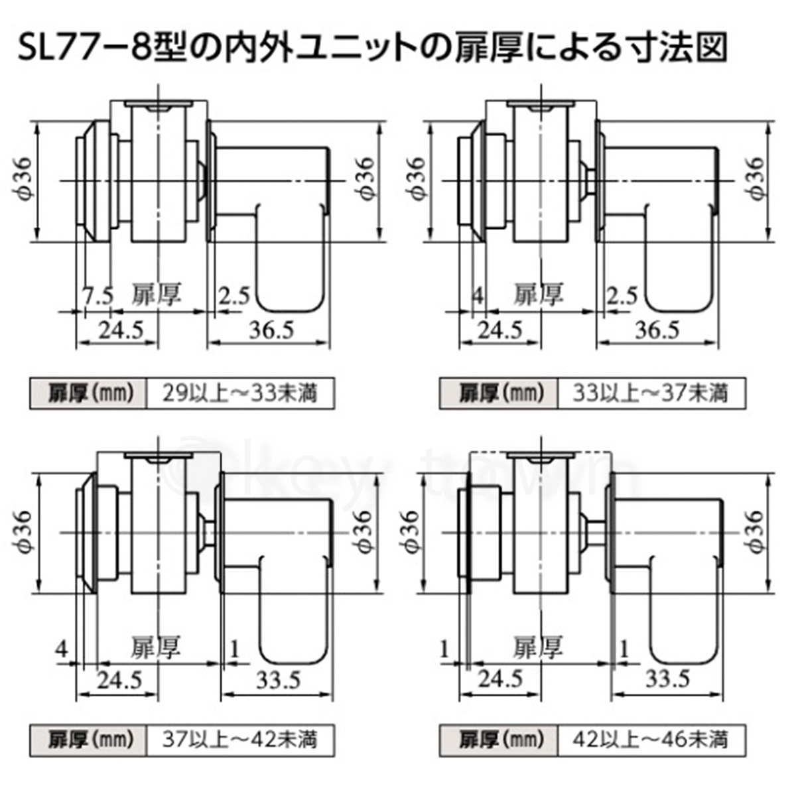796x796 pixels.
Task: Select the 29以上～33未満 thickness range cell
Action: click(x=240, y=393)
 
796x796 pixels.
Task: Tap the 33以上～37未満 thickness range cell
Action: click(x=651, y=393)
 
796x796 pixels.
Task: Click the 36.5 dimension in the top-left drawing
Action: click(x=272, y=330)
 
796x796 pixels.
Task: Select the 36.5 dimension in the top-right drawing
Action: click(x=657, y=330)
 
